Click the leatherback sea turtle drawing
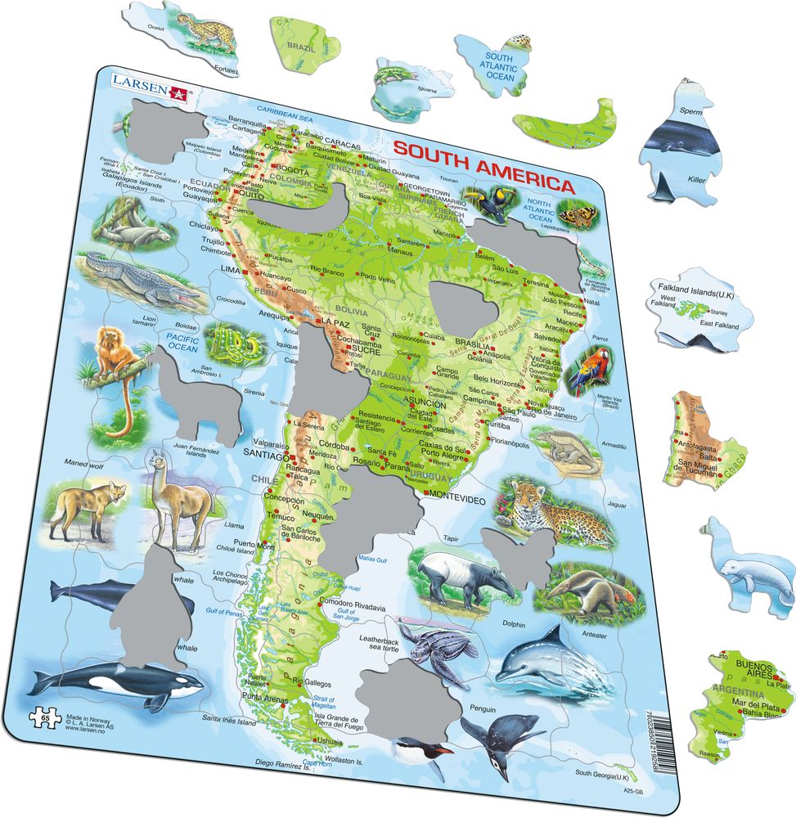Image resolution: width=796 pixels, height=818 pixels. click(x=441, y=652)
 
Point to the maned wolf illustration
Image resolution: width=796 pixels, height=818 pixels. click(x=86, y=508)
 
